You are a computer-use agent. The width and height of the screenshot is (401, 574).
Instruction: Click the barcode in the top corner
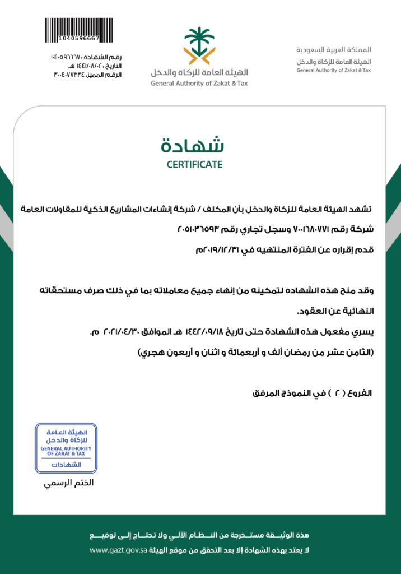(x=72, y=28)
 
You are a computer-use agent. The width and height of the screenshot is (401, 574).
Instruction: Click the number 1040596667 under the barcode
(x=78, y=38)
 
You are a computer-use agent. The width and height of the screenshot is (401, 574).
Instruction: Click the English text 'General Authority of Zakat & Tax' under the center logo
(x=199, y=84)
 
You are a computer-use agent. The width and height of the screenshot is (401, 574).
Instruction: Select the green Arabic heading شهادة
(x=193, y=145)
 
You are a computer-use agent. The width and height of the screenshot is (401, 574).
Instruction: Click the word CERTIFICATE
(x=194, y=165)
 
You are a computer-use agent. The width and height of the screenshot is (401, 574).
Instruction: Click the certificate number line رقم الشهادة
(x=86, y=57)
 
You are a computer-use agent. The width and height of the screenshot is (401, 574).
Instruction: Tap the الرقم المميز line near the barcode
(x=86, y=75)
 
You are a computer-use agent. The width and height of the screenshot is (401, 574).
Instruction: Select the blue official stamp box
(x=66, y=448)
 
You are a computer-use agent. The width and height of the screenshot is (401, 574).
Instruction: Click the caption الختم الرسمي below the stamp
(x=69, y=483)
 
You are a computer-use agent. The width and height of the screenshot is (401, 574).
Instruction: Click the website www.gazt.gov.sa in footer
(x=119, y=550)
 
